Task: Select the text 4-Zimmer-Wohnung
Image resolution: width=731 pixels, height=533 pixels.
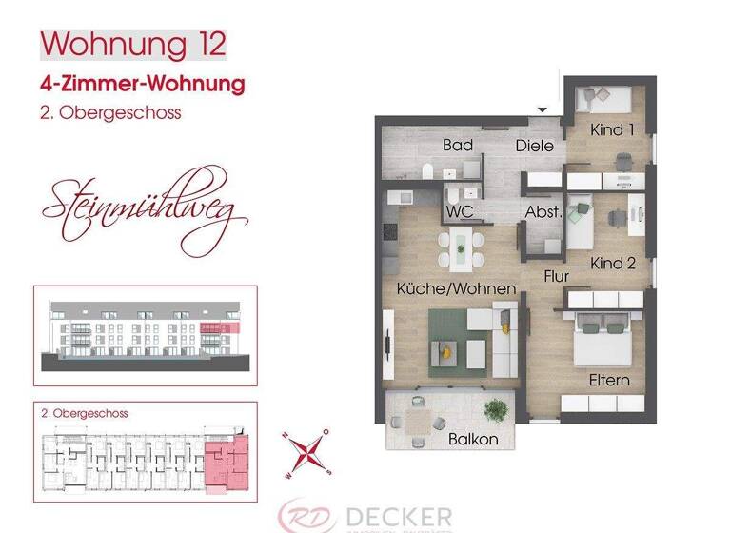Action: tap(143, 84)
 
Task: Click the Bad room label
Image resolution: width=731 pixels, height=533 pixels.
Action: tap(459, 146)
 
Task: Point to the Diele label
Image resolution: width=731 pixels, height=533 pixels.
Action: tap(534, 146)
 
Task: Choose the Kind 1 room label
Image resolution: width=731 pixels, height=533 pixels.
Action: tap(611, 129)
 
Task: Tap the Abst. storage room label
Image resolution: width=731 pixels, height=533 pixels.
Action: tap(542, 212)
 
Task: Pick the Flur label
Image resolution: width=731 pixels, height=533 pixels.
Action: tap(557, 277)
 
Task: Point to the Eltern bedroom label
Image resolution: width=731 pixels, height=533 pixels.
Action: tap(609, 380)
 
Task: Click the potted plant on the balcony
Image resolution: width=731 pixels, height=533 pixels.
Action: tap(494, 411)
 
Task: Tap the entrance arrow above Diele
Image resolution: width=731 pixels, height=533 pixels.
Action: tap(543, 110)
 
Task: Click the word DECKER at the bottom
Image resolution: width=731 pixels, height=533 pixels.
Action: tap(399, 517)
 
